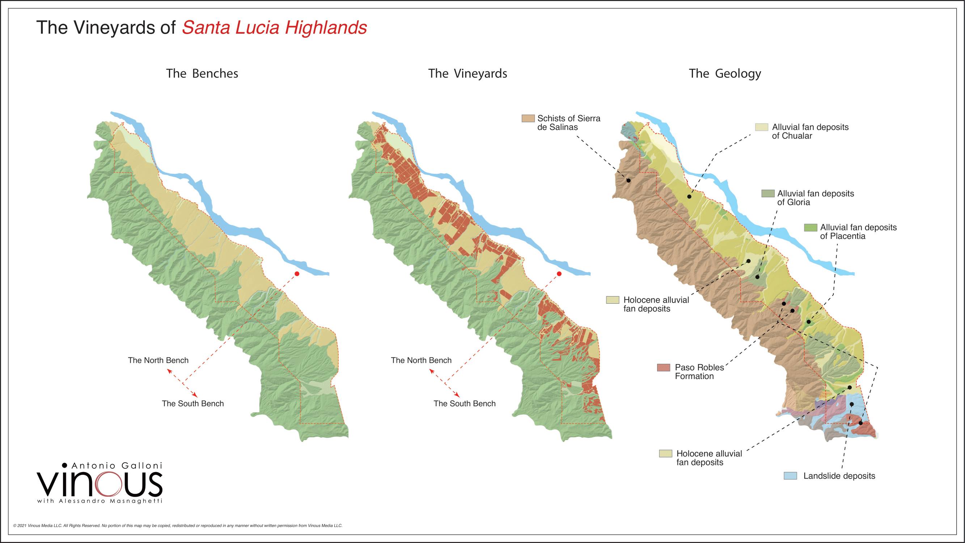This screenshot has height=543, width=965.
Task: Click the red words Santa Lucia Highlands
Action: coord(274,28)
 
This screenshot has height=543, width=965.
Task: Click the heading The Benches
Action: coord(202,73)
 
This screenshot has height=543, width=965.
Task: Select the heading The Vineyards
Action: coord(467,73)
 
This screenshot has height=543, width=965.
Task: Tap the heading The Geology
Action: coord(725,73)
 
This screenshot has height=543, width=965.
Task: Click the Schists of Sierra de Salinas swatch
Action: coord(528,118)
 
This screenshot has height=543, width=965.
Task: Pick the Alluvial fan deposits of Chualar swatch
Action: coord(761,127)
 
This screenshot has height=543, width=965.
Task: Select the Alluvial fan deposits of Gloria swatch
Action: coord(767,193)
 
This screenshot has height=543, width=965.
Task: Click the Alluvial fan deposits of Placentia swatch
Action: coord(810,227)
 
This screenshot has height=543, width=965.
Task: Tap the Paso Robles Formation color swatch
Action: coord(664,367)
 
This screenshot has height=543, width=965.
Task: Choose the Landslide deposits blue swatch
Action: coord(790,476)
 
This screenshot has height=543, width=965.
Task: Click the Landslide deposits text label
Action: coord(839,476)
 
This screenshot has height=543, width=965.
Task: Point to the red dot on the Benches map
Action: coord(297,274)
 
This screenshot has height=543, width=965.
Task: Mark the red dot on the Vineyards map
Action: coord(559,274)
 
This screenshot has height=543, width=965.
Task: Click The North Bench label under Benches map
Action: coord(158,360)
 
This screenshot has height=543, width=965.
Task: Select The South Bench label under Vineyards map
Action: coord(465,404)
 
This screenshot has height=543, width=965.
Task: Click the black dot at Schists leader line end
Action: coord(628,181)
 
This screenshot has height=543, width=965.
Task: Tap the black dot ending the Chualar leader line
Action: coord(689,196)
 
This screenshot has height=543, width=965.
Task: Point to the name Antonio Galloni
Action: coord(117,466)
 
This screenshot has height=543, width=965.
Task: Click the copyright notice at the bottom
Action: coord(178,525)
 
